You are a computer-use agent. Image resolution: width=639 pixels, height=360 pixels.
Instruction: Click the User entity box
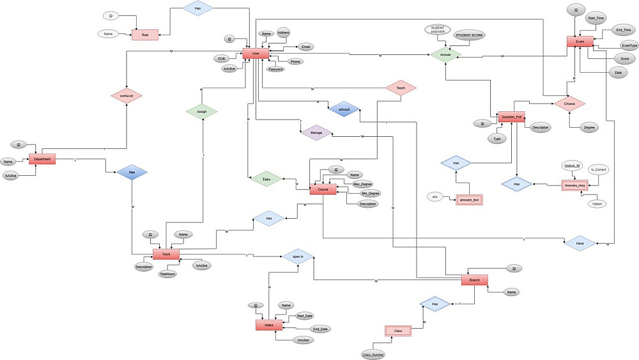(256, 54)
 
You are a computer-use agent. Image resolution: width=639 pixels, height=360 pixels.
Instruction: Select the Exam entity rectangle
(580, 42)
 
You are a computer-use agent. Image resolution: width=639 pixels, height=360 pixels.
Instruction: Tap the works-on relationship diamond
(126, 96)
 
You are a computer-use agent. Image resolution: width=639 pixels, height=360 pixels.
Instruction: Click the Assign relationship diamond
(202, 111)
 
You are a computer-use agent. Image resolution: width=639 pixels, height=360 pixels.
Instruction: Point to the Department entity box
(43, 159)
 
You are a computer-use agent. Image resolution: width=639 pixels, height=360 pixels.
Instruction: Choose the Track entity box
(166, 254)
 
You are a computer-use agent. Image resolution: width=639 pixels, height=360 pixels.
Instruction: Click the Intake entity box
(269, 325)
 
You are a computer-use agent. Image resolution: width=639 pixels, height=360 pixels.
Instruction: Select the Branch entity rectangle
(474, 279)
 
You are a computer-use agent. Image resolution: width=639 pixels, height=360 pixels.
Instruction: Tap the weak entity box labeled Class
(397, 331)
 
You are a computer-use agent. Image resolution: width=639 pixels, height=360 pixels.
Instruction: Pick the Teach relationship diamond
(401, 88)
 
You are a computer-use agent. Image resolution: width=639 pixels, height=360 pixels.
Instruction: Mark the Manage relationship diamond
(316, 133)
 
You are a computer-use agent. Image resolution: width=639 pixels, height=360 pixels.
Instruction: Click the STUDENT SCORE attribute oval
(469, 35)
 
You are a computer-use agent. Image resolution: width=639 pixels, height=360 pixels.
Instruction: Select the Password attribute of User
(276, 68)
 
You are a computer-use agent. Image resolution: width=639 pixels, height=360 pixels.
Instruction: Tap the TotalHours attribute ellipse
(167, 274)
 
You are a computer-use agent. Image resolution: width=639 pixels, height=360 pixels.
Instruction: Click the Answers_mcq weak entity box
(574, 185)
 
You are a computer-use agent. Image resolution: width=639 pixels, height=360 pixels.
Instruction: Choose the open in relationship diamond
(298, 257)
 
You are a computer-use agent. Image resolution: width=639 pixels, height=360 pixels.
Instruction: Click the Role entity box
(145, 35)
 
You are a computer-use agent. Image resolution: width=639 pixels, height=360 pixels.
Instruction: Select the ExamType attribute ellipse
(629, 45)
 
